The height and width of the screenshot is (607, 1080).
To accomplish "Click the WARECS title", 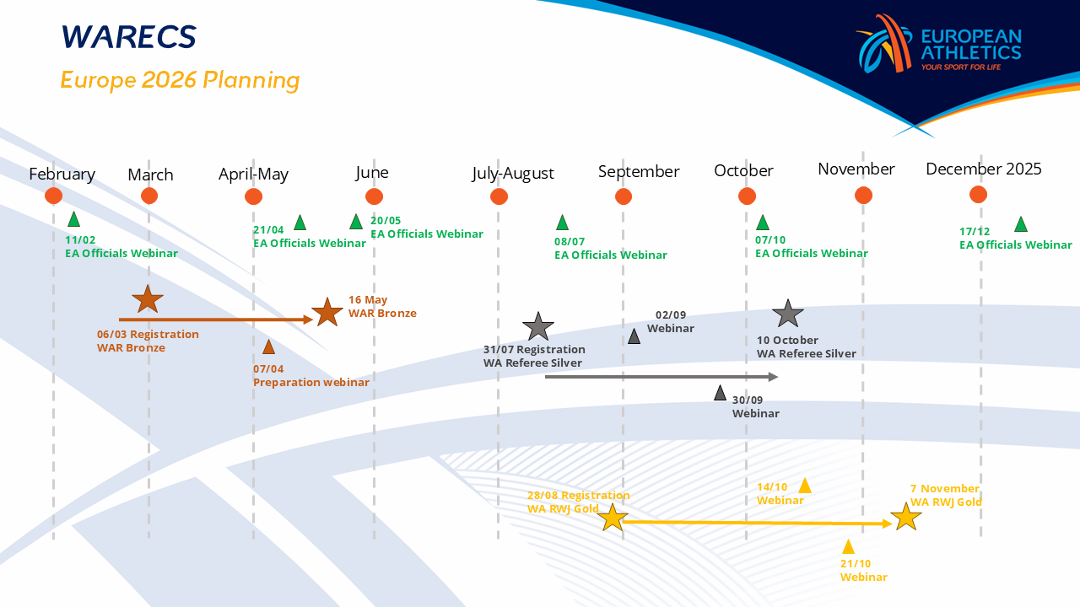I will pyautogui.click(x=128, y=37).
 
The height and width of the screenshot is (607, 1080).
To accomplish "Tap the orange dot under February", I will pyautogui.click(x=54, y=196).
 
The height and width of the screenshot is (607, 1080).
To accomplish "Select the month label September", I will pyautogui.click(x=639, y=172).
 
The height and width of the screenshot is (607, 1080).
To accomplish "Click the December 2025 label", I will pyautogui.click(x=983, y=169).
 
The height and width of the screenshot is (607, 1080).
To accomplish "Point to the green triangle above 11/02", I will pyautogui.click(x=73, y=219).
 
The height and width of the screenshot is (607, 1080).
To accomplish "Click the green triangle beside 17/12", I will pyautogui.click(x=1020, y=224).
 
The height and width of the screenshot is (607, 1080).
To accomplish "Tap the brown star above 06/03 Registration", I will pyautogui.click(x=148, y=298).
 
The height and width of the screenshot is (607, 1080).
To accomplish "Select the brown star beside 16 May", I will pyautogui.click(x=327, y=312).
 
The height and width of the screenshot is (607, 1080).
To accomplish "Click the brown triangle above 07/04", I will pyautogui.click(x=268, y=346).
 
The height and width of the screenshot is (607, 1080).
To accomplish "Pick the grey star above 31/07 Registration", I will pyautogui.click(x=537, y=326).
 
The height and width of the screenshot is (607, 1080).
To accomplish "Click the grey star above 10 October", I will pyautogui.click(x=788, y=314).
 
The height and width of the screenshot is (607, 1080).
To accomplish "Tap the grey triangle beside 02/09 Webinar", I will pyautogui.click(x=634, y=336).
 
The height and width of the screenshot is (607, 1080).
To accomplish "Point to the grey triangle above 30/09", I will pyautogui.click(x=720, y=393).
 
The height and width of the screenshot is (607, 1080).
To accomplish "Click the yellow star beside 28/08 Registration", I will pyautogui.click(x=613, y=518).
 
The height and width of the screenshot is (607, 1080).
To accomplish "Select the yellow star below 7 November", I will pyautogui.click(x=905, y=516).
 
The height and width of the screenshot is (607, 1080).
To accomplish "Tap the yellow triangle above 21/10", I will pyautogui.click(x=848, y=547).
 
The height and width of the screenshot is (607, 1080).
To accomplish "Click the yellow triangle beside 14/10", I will pyautogui.click(x=805, y=486).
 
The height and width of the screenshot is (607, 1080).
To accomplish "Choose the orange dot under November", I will pyautogui.click(x=863, y=196).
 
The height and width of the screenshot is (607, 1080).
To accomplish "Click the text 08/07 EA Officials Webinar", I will pyautogui.click(x=610, y=248).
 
